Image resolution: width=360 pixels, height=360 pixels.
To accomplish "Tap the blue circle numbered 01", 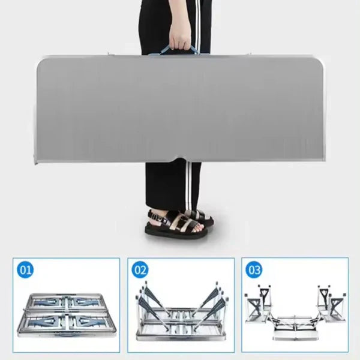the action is pos(25,270).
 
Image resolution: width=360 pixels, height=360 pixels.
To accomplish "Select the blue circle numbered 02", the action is pos(140,270).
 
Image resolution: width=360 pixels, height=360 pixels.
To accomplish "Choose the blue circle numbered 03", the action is pos(254,270).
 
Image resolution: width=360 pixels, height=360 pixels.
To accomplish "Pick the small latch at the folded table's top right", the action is pos(249,54).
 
